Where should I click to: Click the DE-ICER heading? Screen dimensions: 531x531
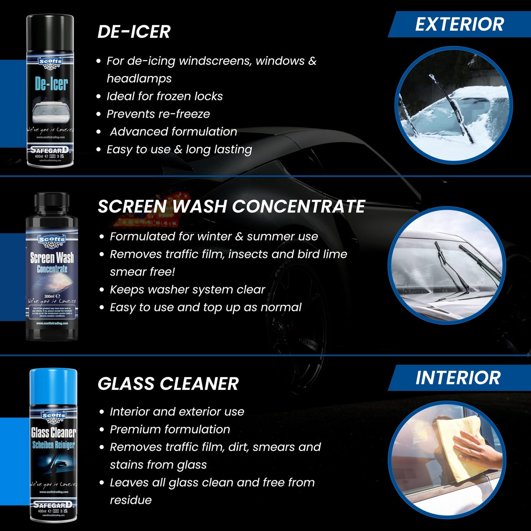point(134,32)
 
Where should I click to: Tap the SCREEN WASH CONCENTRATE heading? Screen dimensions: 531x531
point(231,207)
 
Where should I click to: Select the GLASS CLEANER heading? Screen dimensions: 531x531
point(168,384)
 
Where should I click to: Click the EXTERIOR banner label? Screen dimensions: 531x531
point(459,25)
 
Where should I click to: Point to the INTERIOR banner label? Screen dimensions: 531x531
point(458,378)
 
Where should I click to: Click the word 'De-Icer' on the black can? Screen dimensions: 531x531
point(51,84)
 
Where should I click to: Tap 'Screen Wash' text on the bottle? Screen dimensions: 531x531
point(52,258)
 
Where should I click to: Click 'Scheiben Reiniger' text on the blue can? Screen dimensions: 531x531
point(53,445)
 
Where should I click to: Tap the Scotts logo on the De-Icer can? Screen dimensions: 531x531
point(51,62)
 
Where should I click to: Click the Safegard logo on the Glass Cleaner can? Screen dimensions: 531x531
point(53,505)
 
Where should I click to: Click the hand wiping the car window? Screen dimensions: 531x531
point(478,450)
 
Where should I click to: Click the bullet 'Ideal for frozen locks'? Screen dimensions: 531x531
point(164,96)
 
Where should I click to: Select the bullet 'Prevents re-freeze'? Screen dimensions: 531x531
point(158,114)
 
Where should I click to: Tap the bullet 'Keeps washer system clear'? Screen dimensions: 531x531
point(187,290)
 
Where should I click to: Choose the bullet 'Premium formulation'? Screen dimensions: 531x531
point(170,429)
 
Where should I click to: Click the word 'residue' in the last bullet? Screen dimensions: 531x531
point(130,500)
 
